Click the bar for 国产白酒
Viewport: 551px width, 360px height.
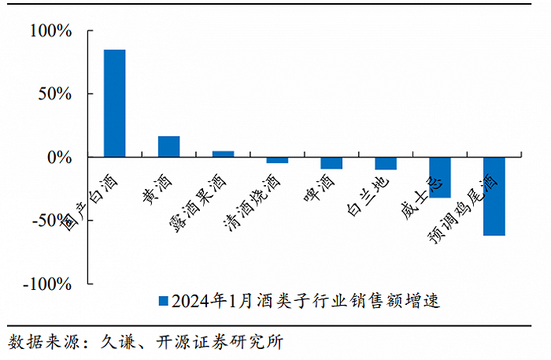pyautogui.click(x=115, y=103)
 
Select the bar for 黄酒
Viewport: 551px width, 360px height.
pyautogui.click(x=168, y=147)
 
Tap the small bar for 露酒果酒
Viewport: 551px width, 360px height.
pyautogui.click(x=223, y=154)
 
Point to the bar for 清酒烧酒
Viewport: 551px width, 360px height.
pyautogui.click(x=277, y=160)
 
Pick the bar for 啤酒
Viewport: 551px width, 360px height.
pyautogui.click(x=331, y=163)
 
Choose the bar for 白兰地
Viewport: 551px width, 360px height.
pyautogui.click(x=386, y=163)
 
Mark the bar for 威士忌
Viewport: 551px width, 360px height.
pyautogui.click(x=440, y=177)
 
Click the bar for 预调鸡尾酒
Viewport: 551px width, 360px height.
pyautogui.click(x=494, y=196)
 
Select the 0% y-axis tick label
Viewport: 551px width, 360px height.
pyautogui.click(x=59, y=158)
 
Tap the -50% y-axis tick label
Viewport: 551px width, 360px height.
pyautogui.click(x=51, y=221)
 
